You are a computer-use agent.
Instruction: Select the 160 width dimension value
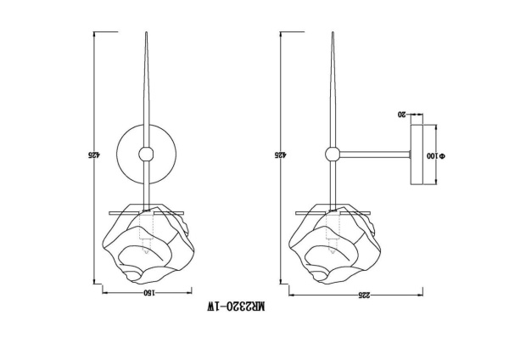[147, 292]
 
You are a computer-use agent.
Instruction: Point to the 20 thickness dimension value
[401, 114]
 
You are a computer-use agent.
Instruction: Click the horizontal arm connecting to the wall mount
[373, 154]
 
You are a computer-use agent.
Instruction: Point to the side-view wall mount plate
[417, 155]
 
